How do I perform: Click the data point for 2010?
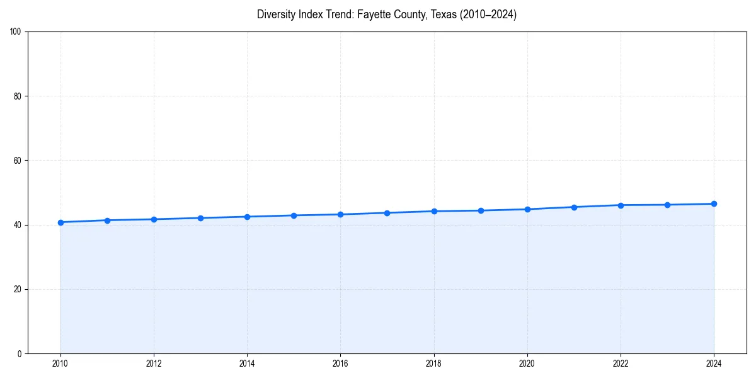(x=60, y=222)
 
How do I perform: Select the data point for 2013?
(x=200, y=218)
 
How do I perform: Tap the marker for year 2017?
(x=387, y=213)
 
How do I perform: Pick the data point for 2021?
(x=574, y=207)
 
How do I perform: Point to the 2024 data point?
(x=714, y=203)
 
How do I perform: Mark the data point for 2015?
(x=294, y=215)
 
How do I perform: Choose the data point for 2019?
(x=481, y=210)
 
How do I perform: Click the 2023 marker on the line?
(x=667, y=205)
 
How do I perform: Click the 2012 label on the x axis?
(x=154, y=364)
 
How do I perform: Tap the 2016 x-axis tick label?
(x=340, y=364)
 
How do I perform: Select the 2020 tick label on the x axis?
(x=527, y=364)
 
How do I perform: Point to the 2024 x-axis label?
(x=714, y=364)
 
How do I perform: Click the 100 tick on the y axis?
(x=16, y=31)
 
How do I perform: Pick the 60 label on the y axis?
(x=18, y=161)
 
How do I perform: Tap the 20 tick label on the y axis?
(x=18, y=289)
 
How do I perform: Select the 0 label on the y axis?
(x=20, y=353)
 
